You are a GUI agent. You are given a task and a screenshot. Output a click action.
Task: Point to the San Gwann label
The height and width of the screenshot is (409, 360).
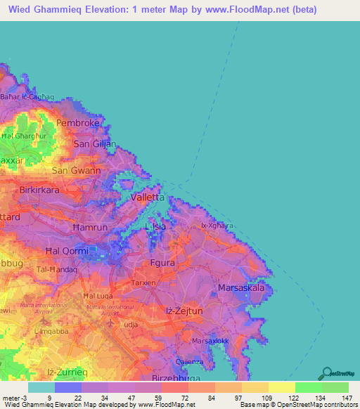[76, 170]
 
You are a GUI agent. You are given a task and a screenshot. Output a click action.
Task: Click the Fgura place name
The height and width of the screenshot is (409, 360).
[162, 263]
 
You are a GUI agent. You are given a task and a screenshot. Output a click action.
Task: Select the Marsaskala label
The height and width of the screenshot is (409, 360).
[240, 288]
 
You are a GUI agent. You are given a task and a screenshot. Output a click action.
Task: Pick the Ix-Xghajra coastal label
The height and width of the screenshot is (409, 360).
[217, 226]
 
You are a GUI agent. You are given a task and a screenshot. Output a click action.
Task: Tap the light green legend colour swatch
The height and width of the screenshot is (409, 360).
[308, 387]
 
